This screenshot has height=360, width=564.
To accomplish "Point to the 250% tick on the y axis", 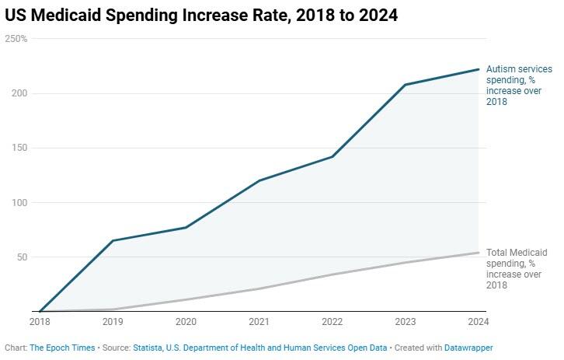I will coord(17,39).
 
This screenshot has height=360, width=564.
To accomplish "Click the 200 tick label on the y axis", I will coord(19,93).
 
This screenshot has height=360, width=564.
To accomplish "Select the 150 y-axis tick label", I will coord(19,148).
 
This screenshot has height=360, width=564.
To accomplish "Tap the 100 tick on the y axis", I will coord(19,202).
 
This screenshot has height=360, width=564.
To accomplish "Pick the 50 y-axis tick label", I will coord(22,257).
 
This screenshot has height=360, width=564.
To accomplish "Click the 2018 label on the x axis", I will coord(39,320).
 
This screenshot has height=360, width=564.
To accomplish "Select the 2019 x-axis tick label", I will coord(112,320).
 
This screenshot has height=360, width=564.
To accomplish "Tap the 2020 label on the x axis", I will coord(186,320).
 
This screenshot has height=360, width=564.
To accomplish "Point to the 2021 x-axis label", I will coord(259,320).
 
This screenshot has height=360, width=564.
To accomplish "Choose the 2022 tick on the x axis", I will coord(332,320).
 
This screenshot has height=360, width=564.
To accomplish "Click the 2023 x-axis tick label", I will coord(406,320).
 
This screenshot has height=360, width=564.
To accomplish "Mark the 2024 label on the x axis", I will coord(479,320).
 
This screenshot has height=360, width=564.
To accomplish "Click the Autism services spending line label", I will coord(519,86).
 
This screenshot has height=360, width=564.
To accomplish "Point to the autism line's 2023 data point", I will coord(406,85).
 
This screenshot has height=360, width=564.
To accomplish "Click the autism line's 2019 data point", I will coord(112,241).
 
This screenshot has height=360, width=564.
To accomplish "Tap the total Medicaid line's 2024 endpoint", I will coord(479,253).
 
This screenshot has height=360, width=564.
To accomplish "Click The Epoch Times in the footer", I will coord(61,348).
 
